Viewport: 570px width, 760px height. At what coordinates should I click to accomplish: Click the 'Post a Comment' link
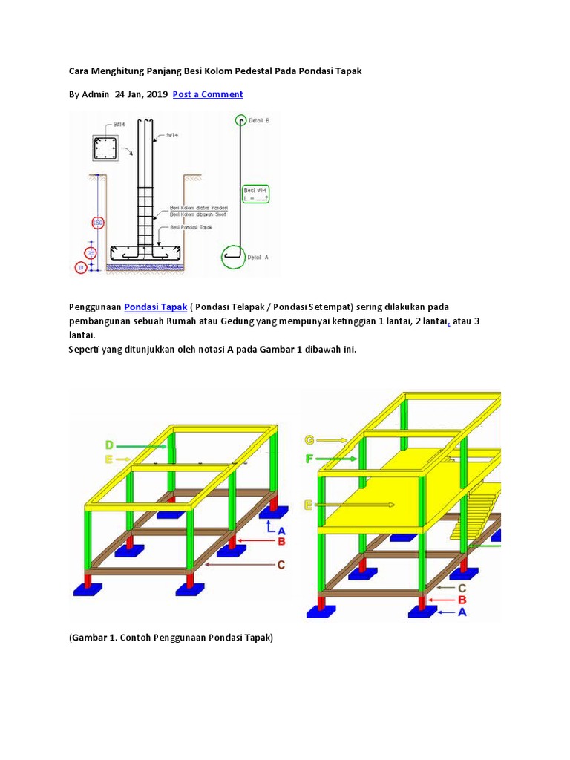(x=208, y=94)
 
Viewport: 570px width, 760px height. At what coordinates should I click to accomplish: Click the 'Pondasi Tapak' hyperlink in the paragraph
(x=156, y=307)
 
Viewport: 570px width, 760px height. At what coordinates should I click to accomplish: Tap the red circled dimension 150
(x=96, y=223)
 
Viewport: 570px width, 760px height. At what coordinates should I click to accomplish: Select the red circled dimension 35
(x=91, y=253)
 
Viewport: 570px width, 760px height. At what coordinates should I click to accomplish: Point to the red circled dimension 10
(x=81, y=267)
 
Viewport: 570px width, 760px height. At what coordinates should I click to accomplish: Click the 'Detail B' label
(x=259, y=120)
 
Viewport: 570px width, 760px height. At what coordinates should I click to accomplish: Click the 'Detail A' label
(x=257, y=257)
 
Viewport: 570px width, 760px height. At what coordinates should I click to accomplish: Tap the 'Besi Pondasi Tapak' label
(x=191, y=227)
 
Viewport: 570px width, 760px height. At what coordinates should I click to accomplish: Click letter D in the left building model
(x=109, y=445)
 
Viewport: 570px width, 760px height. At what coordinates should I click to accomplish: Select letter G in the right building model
(x=309, y=439)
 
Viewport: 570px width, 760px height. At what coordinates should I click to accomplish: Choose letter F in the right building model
(x=309, y=459)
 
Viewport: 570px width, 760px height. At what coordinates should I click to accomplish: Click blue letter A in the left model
(x=281, y=530)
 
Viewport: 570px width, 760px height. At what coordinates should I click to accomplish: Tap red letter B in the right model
(x=462, y=600)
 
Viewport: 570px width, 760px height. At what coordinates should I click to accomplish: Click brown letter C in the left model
(x=281, y=565)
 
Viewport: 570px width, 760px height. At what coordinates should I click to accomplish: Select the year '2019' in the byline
(x=156, y=94)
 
